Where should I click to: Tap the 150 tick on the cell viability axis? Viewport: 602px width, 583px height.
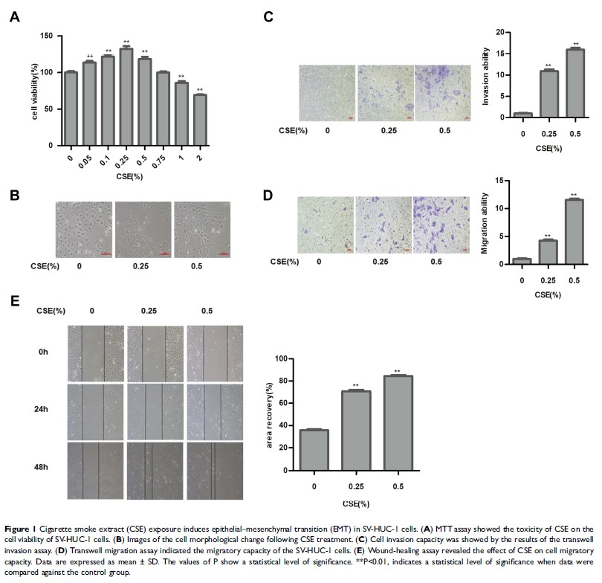point(46,36)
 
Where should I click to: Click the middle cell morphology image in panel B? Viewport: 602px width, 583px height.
point(143,230)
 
